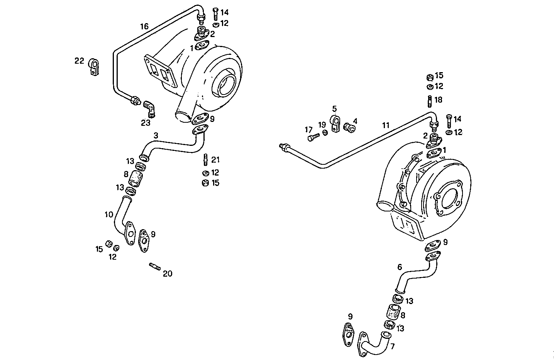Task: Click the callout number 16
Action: (144, 27)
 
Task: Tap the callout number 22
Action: (79, 61)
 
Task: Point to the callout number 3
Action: (156, 135)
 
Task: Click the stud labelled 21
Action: (206, 159)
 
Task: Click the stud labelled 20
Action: (154, 266)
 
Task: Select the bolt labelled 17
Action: (313, 136)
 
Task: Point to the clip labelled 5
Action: (335, 123)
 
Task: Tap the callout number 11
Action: (386, 125)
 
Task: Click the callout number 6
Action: (400, 267)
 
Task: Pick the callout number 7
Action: (393, 346)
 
